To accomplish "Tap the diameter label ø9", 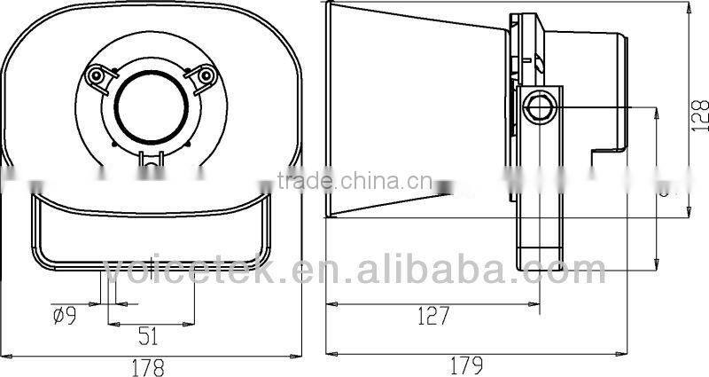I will coord(63,313).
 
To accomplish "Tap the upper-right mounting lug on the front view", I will coord(207,77).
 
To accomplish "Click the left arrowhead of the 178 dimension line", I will coord(4,355).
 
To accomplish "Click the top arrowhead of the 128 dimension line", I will coord(690,4).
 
